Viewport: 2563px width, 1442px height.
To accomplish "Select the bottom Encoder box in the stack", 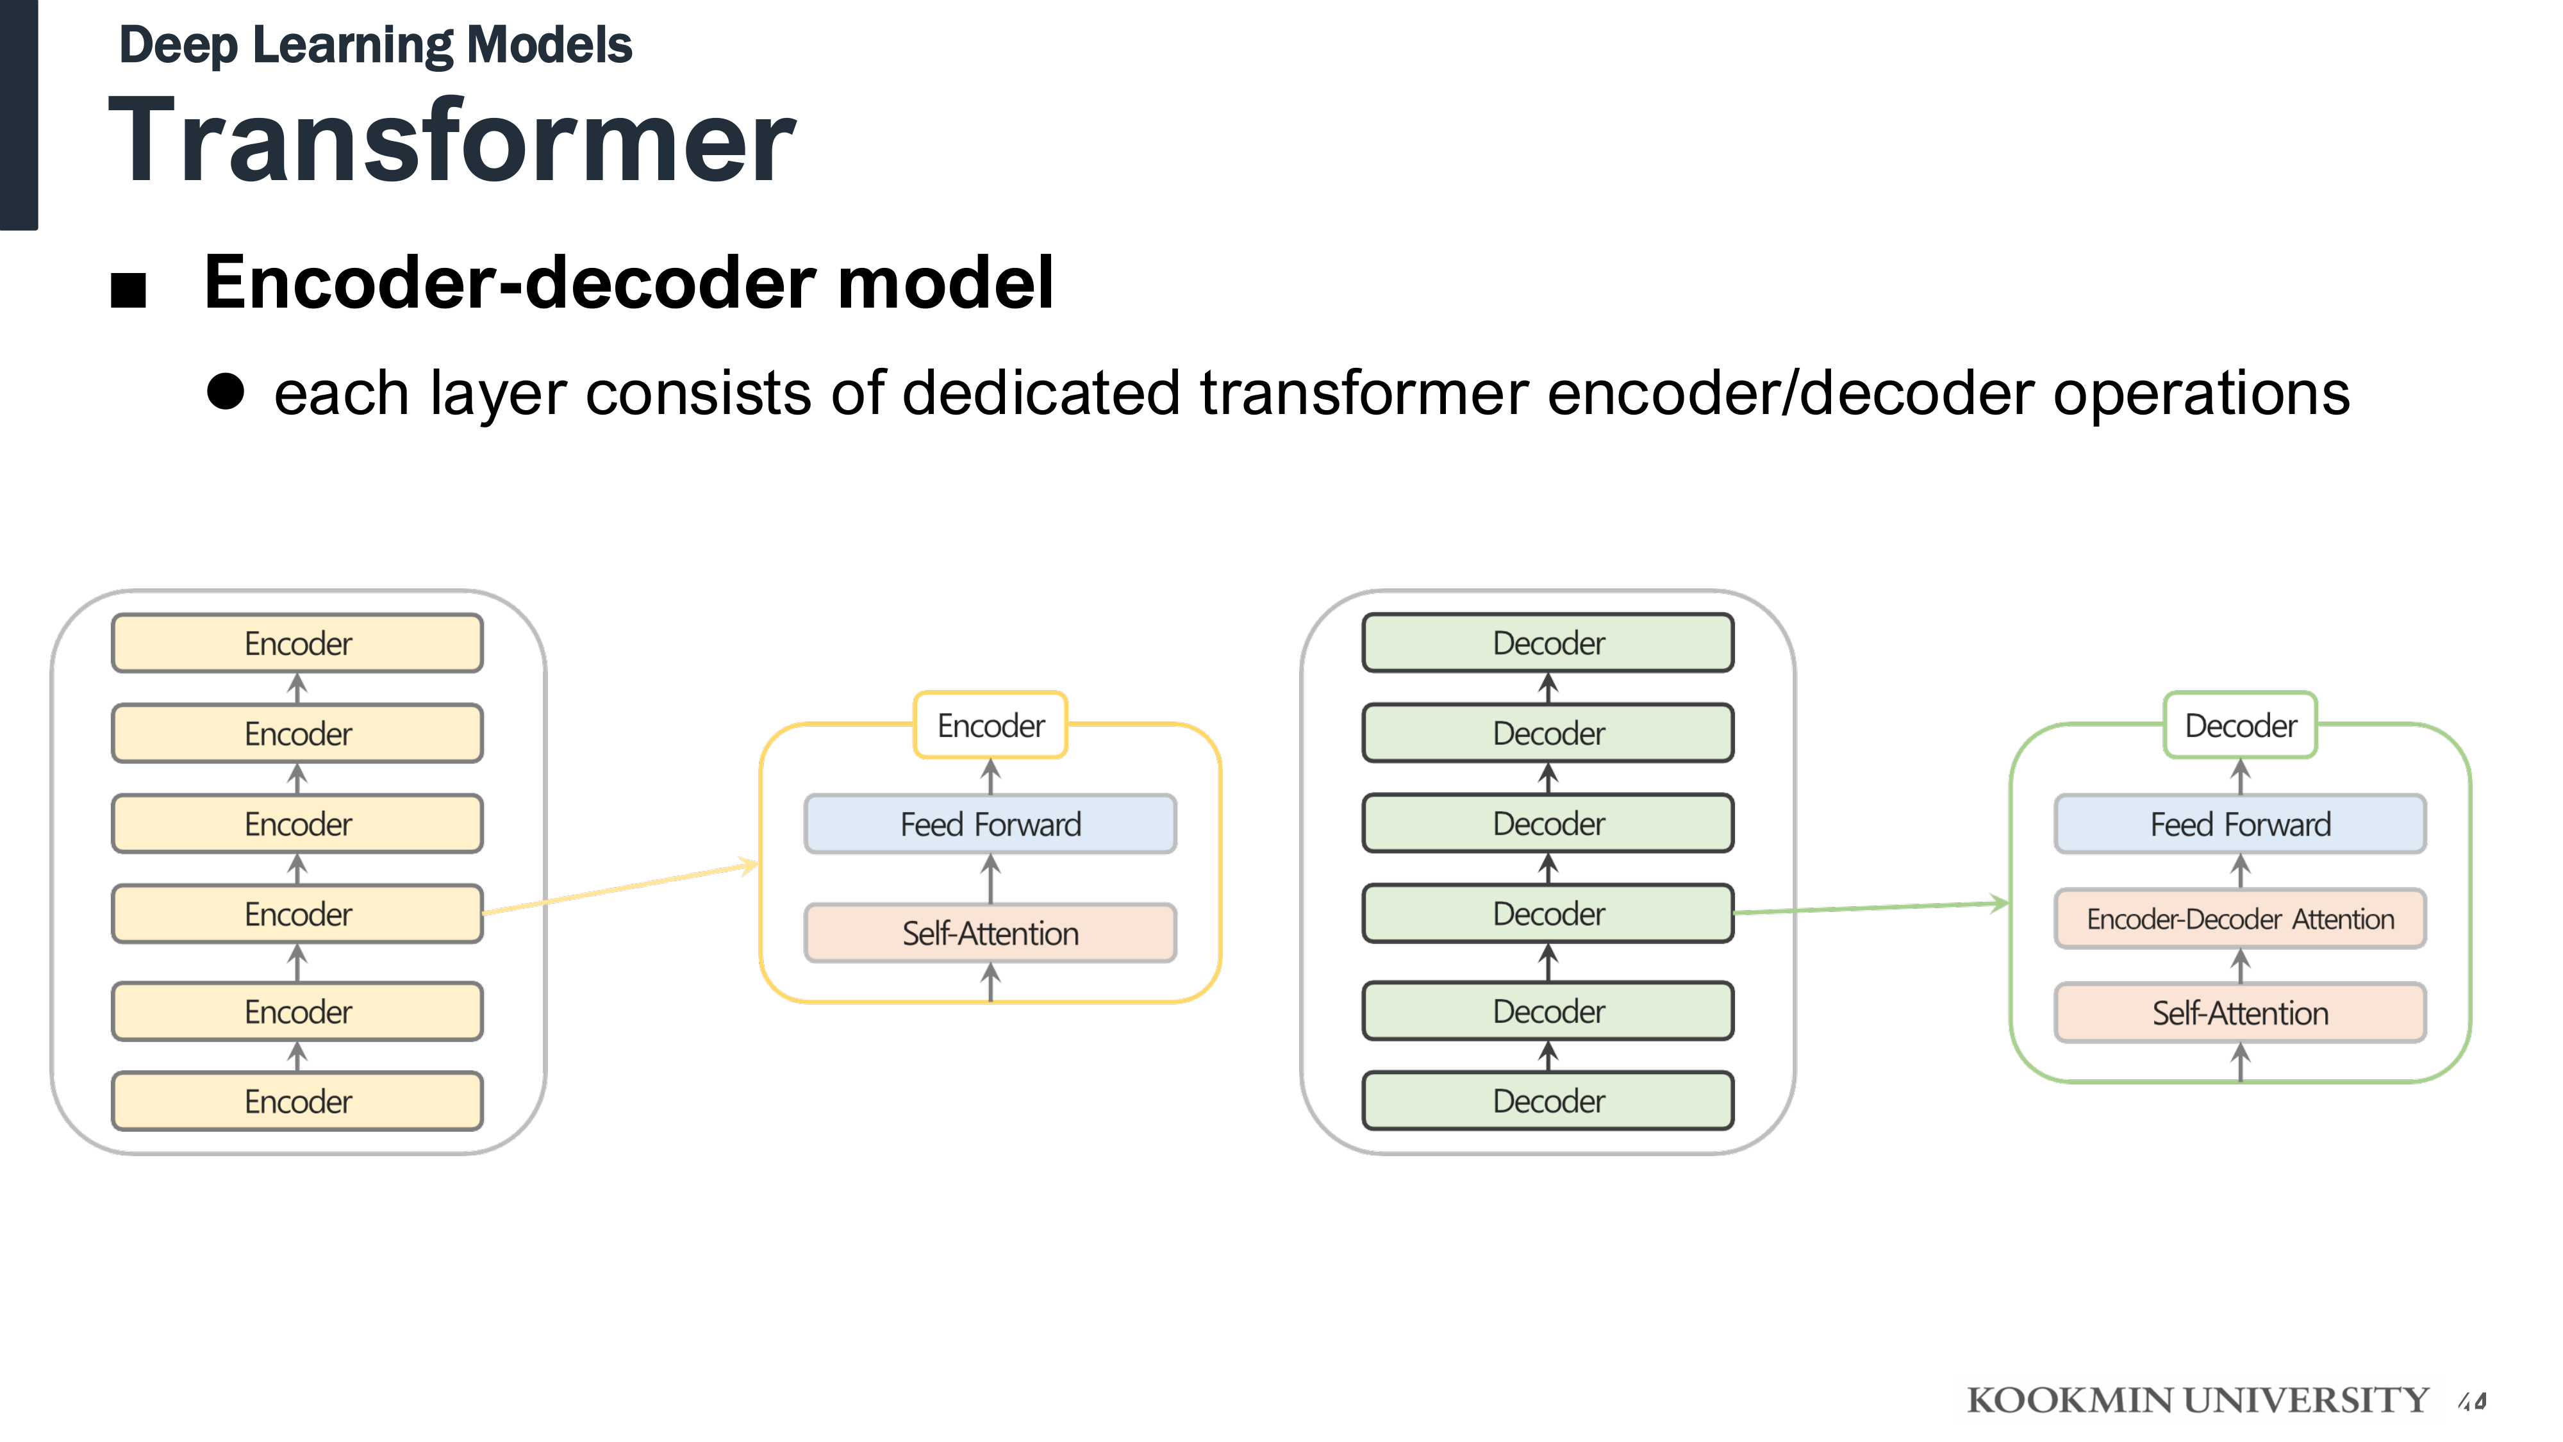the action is [297, 1100].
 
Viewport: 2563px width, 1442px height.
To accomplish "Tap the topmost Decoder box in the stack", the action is [1548, 643].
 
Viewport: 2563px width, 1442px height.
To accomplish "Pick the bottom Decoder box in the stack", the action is [1548, 1100].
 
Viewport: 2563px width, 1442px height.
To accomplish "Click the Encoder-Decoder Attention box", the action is [2241, 918].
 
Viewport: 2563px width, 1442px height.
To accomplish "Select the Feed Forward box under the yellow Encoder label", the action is [990, 824].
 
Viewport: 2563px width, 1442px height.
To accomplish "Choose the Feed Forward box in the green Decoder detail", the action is [2241, 824].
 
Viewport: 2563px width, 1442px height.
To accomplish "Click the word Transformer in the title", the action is [452, 141].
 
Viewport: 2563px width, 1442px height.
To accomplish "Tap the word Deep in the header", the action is [179, 46].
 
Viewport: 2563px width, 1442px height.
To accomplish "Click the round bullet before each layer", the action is [226, 392].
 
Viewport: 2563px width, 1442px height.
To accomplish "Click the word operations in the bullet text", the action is [2201, 393].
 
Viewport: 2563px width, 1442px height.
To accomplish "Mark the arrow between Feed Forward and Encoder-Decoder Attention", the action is [2241, 872].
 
